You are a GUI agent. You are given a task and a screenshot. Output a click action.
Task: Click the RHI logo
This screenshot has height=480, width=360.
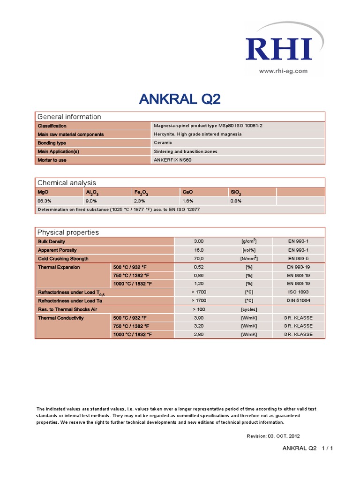[278, 48]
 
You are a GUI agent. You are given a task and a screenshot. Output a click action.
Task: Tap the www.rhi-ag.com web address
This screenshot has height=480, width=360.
[283, 71]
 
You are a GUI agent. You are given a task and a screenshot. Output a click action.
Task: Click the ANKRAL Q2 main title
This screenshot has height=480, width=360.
[180, 99]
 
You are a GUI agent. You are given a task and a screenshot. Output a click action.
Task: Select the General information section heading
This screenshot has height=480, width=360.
[69, 117]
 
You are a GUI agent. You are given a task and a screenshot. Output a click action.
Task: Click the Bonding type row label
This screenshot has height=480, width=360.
[52, 142]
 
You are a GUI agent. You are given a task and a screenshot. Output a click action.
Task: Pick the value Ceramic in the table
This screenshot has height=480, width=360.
[163, 142]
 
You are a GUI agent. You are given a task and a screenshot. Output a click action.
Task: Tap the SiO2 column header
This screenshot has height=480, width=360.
[236, 192]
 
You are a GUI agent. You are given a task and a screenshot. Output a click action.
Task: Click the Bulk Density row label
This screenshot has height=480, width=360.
[52, 241]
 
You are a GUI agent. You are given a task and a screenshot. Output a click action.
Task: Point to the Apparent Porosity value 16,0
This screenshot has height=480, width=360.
[199, 250]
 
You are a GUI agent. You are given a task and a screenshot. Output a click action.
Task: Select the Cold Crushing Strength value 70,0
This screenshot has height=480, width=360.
[199, 259]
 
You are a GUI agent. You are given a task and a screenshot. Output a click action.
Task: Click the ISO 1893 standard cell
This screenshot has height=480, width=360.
[298, 292]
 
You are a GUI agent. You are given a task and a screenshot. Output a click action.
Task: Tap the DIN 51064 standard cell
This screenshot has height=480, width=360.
[298, 300]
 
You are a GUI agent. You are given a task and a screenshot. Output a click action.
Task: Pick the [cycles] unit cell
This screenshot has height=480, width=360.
[249, 309]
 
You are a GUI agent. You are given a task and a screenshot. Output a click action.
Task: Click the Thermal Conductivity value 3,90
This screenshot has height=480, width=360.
[199, 318]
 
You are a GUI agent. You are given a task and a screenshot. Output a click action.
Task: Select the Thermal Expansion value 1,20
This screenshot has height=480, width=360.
[199, 284]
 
